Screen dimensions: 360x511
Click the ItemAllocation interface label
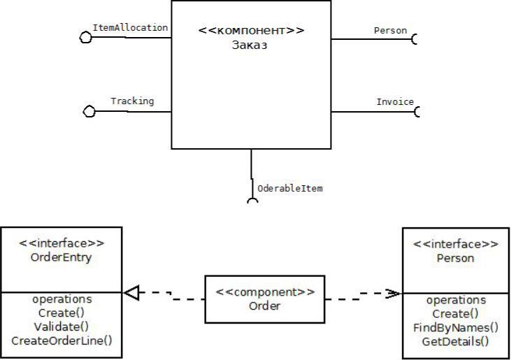click(x=130, y=28)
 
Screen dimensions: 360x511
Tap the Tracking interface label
click(x=132, y=101)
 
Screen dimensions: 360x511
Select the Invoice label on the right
click(x=395, y=102)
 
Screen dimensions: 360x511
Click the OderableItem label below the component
click(x=289, y=189)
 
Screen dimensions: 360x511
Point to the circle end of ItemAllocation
click(x=86, y=38)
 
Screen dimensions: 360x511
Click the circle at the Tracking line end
click(x=89, y=112)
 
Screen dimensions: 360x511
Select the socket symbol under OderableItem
click(x=252, y=201)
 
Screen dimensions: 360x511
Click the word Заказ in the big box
click(x=250, y=46)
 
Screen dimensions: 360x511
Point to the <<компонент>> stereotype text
click(x=251, y=31)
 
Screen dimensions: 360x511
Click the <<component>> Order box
click(x=264, y=299)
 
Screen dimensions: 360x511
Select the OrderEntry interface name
click(x=62, y=257)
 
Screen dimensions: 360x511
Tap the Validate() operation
click(x=62, y=326)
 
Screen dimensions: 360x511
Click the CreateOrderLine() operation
click(x=62, y=340)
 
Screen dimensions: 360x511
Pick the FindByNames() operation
click(x=456, y=328)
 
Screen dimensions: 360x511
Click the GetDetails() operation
click(x=456, y=342)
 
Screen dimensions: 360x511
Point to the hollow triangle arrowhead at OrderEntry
click(x=131, y=294)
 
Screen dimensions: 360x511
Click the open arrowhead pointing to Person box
click(x=396, y=294)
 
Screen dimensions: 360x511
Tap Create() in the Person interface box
click(x=456, y=314)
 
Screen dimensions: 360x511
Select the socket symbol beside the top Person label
click(x=415, y=39)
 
